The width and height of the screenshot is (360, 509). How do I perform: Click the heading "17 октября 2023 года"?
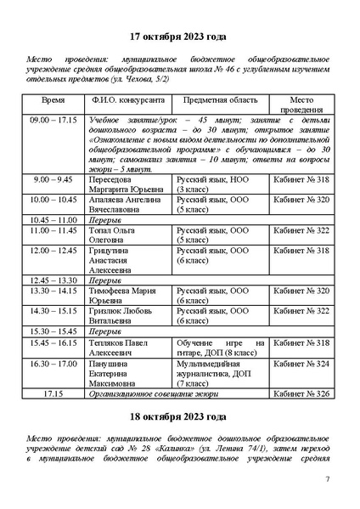coord(179,38)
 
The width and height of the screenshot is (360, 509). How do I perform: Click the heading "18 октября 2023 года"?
coord(179,417)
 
